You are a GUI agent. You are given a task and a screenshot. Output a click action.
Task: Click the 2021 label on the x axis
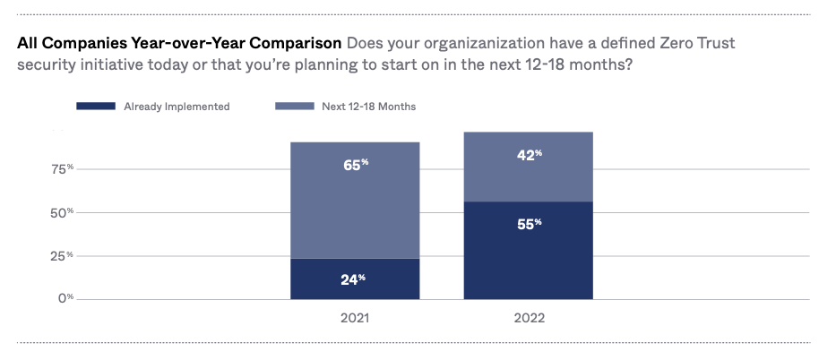(x=355, y=318)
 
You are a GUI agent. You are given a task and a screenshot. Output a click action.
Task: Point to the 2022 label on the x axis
(x=529, y=318)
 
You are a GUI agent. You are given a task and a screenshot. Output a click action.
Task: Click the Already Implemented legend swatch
(x=96, y=107)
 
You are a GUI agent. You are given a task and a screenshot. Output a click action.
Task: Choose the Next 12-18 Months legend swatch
(x=294, y=107)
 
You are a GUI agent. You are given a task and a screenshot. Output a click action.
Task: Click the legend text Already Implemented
(x=177, y=107)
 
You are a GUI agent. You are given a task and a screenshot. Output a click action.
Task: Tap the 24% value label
(x=355, y=279)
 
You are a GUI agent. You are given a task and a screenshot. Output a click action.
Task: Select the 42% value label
(x=528, y=155)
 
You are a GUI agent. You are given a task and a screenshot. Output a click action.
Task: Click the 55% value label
(x=528, y=224)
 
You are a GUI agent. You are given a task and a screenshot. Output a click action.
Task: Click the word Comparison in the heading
(x=296, y=43)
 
